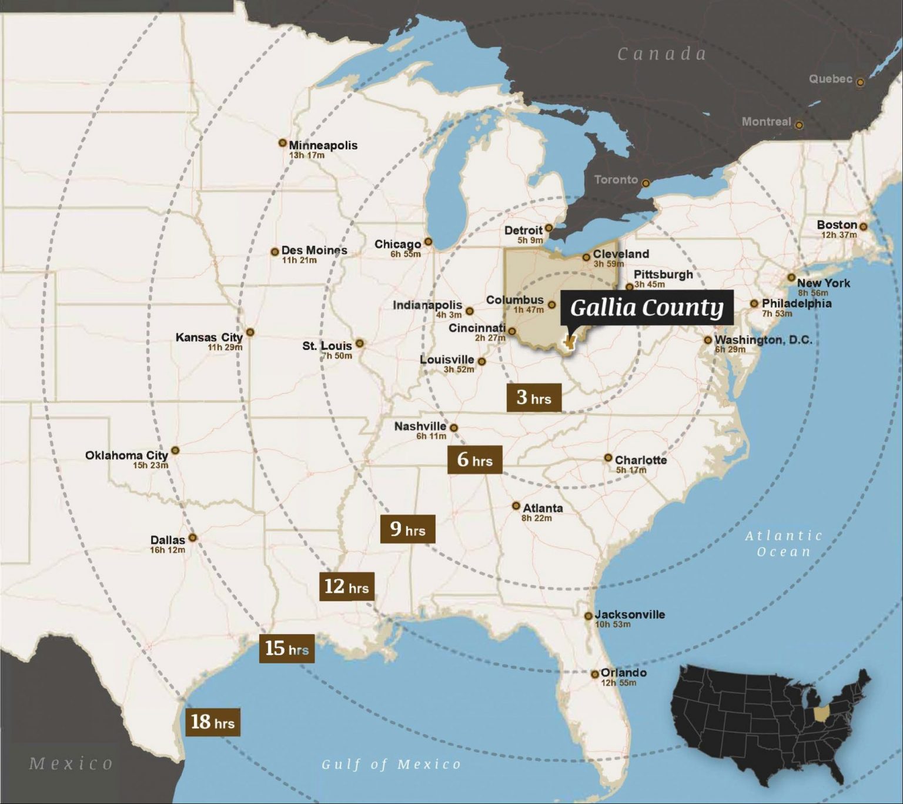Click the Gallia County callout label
click(647, 307)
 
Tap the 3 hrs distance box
click(534, 398)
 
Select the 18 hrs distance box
click(212, 722)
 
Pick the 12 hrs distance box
click(346, 586)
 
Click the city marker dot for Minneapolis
click(282, 143)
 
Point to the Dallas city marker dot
click(192, 538)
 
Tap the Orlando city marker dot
click(595, 674)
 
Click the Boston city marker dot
click(863, 226)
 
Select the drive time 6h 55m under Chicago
click(406, 254)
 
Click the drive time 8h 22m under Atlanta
click(536, 518)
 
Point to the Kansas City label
click(209, 337)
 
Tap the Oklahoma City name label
click(126, 455)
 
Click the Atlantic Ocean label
click(784, 543)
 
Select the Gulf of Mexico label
click(391, 764)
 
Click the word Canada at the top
click(661, 54)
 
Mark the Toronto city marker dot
click(646, 183)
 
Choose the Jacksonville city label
click(630, 615)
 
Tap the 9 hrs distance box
click(407, 529)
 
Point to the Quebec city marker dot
click(860, 82)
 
